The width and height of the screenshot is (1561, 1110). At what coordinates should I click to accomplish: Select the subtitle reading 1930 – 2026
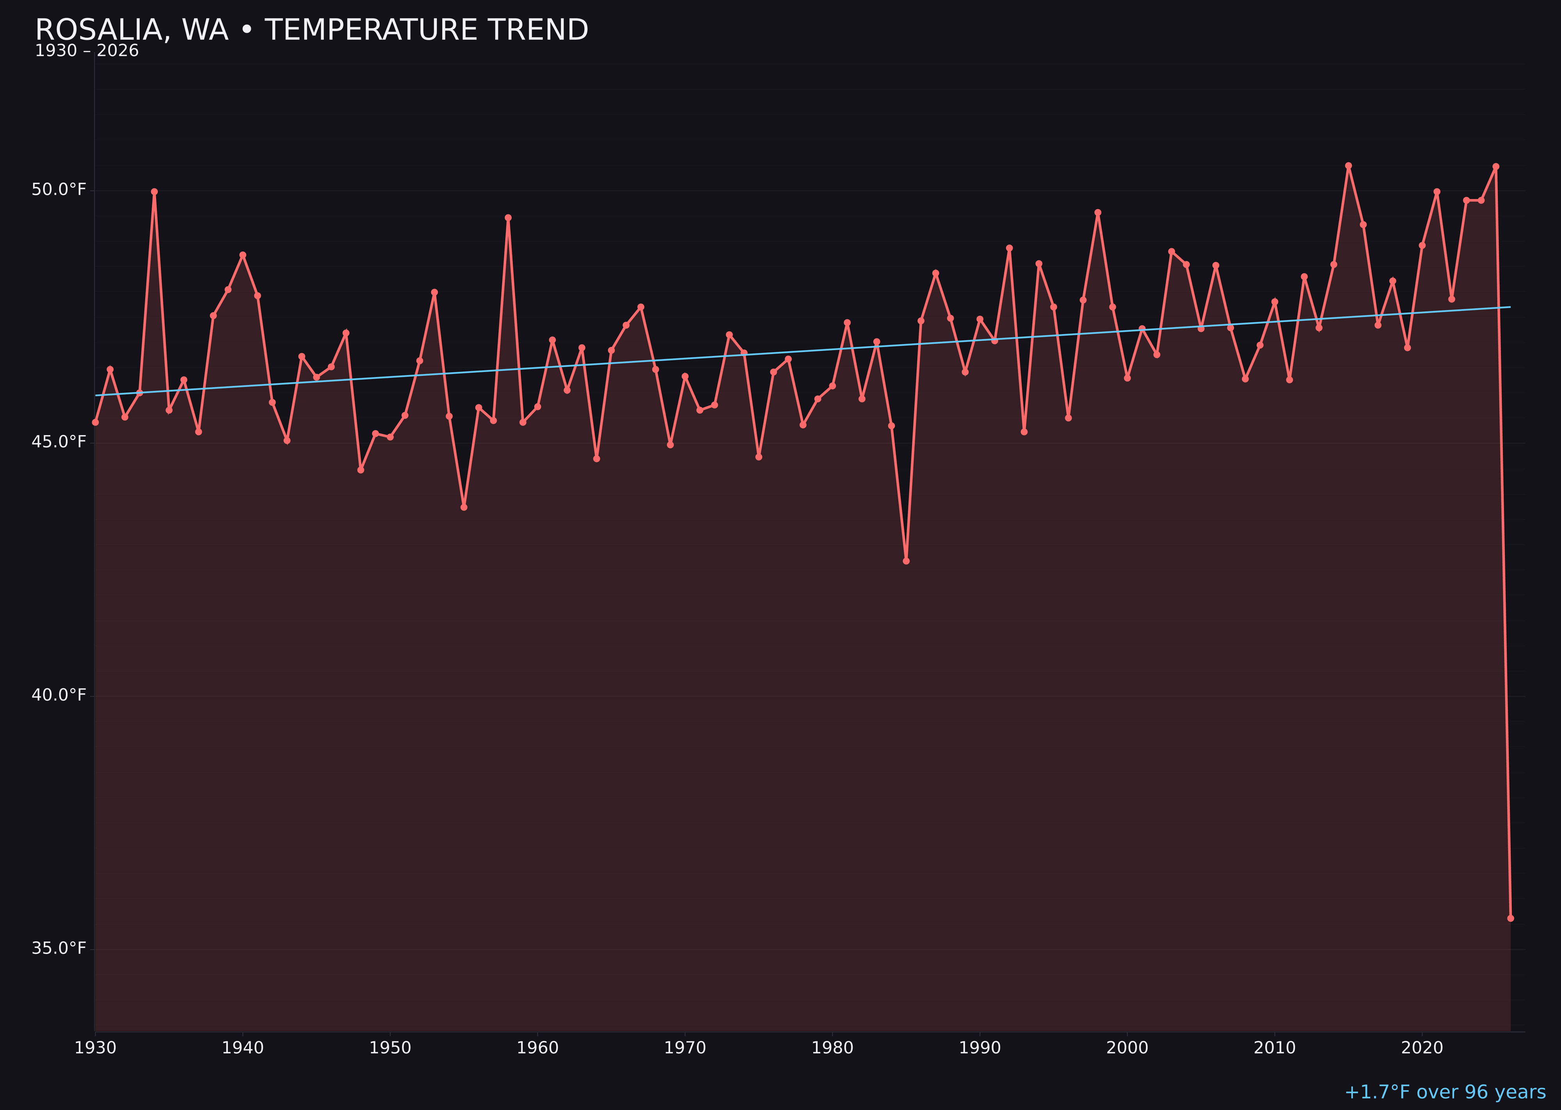[87, 51]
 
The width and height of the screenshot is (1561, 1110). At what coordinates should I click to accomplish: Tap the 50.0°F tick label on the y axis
[59, 189]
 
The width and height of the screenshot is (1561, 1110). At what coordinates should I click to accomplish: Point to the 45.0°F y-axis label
[59, 442]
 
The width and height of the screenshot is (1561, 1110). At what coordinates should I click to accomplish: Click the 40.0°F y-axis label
[59, 695]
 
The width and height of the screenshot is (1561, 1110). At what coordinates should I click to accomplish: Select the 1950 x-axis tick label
[390, 1048]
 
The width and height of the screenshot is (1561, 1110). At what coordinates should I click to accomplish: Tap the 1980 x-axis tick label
[832, 1048]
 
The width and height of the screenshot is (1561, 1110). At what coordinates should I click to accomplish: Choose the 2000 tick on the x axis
[1127, 1048]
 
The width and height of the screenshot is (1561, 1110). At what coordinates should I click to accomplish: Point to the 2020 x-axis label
[1422, 1048]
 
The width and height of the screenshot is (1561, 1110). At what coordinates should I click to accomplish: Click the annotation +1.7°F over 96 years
[1445, 1092]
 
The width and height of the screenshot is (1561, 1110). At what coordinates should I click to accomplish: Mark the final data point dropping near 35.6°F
[1510, 918]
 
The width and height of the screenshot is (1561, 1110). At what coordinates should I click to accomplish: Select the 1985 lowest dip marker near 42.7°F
[906, 560]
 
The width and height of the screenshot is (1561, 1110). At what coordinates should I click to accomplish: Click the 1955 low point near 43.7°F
[464, 507]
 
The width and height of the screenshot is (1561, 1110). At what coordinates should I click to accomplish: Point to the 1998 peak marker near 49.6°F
[1098, 213]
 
